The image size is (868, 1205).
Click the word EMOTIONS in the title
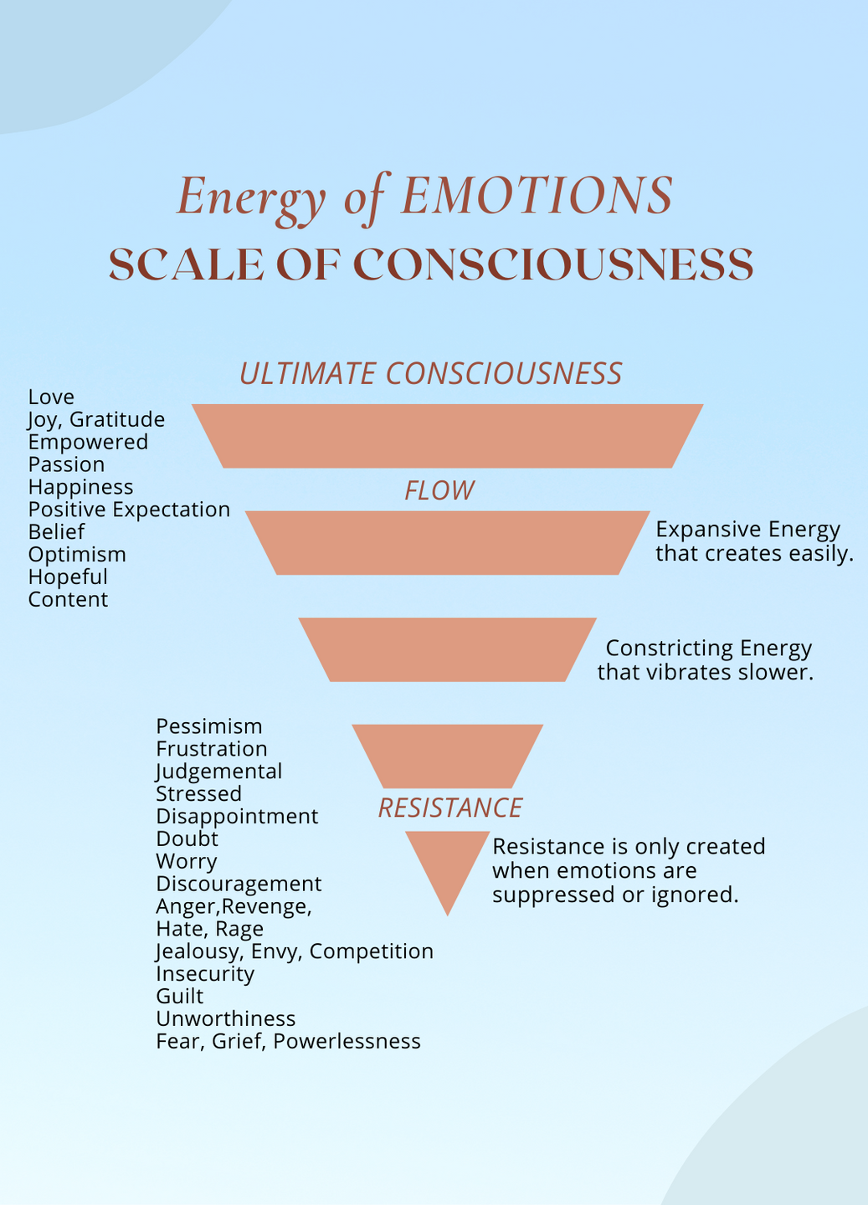coord(537,197)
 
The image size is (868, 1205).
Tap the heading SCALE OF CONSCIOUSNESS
coord(431,265)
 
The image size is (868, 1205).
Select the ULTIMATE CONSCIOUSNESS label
coord(430,373)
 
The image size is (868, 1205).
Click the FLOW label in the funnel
coord(439,490)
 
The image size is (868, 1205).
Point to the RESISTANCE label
coord(450,808)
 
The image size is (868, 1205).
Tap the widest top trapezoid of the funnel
coord(448,436)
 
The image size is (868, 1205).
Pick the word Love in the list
coord(51,397)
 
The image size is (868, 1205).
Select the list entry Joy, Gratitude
coord(96,420)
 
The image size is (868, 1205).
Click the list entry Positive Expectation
coord(129,510)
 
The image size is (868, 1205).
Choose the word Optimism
coord(77,555)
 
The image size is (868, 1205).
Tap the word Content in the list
coord(68,600)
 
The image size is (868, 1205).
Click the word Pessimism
coord(209,726)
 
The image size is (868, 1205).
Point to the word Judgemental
coord(219,772)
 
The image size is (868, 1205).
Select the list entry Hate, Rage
coord(209,929)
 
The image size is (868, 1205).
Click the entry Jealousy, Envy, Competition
coord(295,951)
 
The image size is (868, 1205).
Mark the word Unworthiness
coord(226,1019)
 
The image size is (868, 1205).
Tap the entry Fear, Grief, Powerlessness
coord(288,1042)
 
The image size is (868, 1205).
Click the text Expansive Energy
coord(747,530)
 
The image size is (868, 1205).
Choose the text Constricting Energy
coord(708,649)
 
